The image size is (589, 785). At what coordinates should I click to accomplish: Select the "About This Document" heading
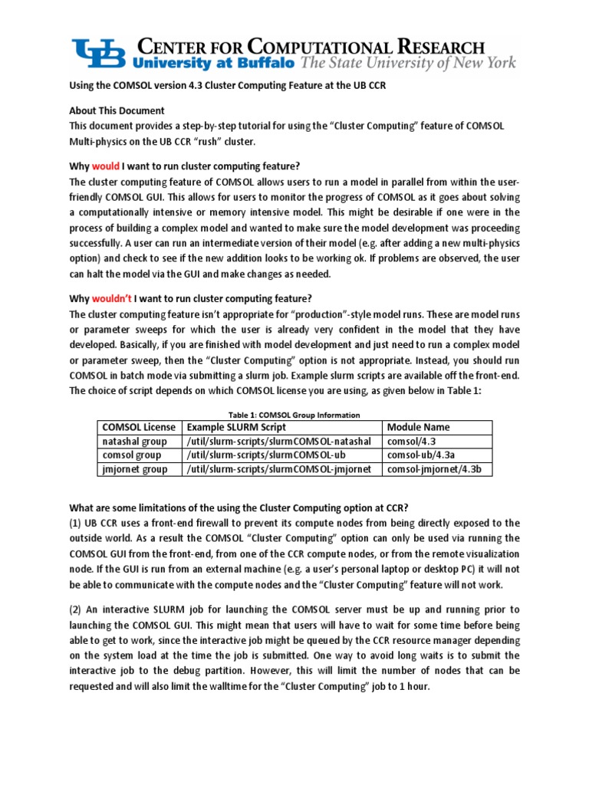coord(117,110)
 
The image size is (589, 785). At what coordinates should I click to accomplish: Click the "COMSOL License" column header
coord(138,427)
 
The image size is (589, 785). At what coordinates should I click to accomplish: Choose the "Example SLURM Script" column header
coord(236,427)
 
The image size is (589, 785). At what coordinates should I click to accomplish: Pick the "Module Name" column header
coord(418,427)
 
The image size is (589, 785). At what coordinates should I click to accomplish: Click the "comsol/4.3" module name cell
coord(412,442)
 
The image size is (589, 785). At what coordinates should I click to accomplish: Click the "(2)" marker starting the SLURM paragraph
coord(77,609)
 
